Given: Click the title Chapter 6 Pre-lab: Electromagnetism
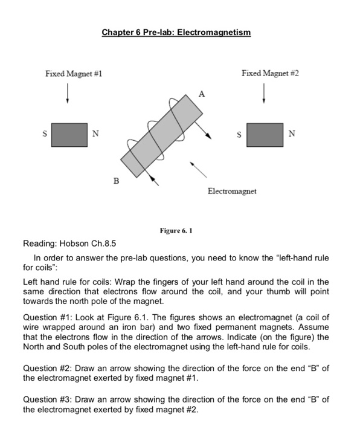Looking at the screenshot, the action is tap(176, 33).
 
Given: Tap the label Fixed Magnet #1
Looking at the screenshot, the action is tap(74, 74).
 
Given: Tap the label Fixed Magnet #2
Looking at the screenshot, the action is tap(270, 73).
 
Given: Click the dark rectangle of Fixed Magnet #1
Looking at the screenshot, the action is tap(69, 135).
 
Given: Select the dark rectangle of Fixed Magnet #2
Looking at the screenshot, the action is tap(265, 135).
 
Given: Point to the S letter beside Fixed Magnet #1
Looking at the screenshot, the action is tap(45, 134).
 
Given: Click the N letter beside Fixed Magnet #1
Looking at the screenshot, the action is tap(95, 134).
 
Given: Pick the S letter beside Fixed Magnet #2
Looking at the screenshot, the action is tap(239, 135).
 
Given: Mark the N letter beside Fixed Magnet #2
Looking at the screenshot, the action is tap(292, 134).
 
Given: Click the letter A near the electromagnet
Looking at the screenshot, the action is tap(202, 94).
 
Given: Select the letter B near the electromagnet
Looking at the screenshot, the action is tap(116, 181).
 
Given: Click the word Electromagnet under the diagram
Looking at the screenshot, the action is tap(232, 192).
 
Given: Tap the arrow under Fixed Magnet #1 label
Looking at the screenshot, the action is tap(68, 93).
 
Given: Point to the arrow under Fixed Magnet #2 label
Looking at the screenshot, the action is tap(264, 93).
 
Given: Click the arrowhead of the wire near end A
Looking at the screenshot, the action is tap(208, 136).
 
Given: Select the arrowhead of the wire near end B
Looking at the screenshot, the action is tap(152, 179).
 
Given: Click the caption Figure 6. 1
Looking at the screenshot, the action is tap(176, 231).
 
